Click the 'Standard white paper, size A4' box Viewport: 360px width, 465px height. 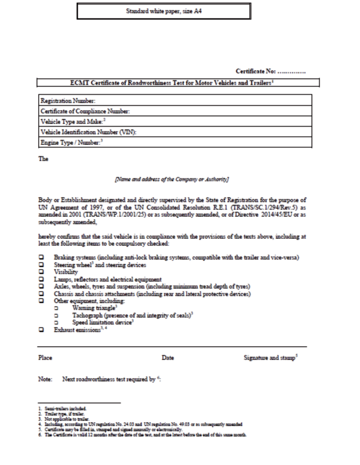[x=164, y=11]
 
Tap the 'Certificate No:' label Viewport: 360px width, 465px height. [x=256, y=72]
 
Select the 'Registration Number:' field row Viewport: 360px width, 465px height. [x=175, y=101]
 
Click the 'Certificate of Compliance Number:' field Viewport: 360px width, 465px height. [x=175, y=112]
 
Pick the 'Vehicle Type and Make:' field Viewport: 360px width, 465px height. [x=175, y=122]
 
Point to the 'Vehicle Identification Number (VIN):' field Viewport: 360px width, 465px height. [x=175, y=133]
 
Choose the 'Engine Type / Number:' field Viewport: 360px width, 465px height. [x=175, y=143]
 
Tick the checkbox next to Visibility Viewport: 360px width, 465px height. [x=41, y=273]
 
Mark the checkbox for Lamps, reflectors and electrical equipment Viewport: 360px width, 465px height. [x=41, y=280]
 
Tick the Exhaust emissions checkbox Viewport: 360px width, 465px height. [x=41, y=330]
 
